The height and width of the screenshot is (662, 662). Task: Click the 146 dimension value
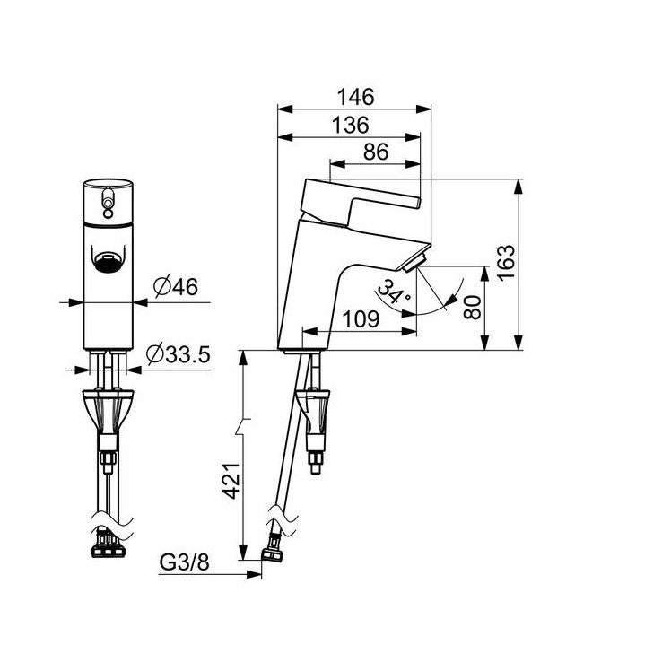355,97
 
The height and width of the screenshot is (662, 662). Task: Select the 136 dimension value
351,126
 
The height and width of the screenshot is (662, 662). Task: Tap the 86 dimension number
376,152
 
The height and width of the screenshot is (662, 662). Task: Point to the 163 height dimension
506,262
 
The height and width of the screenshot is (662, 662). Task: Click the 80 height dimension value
472,308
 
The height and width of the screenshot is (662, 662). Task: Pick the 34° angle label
393,292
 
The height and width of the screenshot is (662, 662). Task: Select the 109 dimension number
361,319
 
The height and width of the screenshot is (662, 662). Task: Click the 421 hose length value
231,481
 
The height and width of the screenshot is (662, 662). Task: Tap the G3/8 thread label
185,562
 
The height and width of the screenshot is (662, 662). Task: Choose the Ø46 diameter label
176,287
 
